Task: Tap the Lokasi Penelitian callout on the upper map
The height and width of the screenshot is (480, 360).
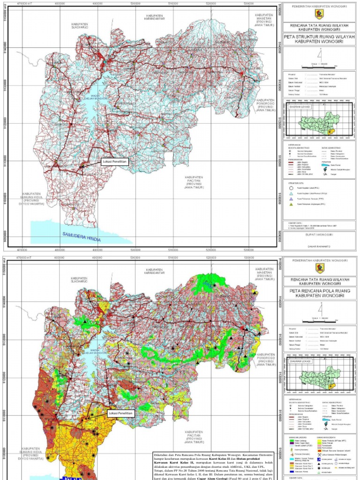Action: tap(114, 162)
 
